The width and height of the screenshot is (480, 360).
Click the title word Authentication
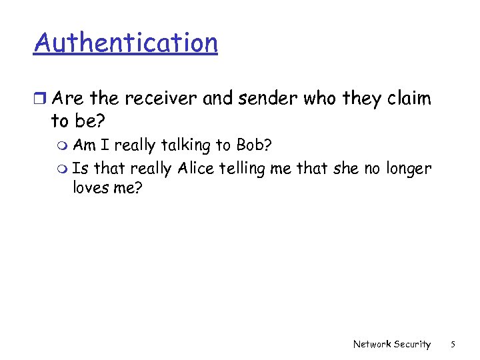coord(126,43)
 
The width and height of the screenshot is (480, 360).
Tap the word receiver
coord(163,99)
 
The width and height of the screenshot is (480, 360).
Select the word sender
coord(271,99)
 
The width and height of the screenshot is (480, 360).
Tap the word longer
coord(407,169)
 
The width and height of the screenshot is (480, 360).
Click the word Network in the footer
coord(372,344)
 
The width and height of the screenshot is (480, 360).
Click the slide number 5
coord(453,344)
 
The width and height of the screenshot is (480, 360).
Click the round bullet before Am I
coord(63,145)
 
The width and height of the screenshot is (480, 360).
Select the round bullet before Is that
coord(63,169)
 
